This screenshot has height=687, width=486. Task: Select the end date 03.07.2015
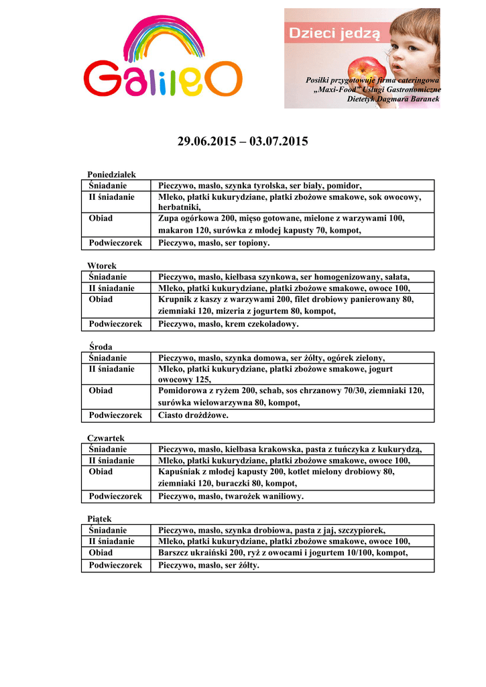click(278, 142)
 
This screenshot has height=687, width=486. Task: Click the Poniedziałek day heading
click(112, 174)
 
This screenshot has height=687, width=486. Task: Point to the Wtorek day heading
click(102, 266)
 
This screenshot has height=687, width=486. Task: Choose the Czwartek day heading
click(106, 438)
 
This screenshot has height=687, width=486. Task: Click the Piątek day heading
click(100, 519)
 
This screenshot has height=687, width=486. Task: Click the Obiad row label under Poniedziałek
click(101, 218)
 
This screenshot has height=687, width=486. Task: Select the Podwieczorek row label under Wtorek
click(115, 324)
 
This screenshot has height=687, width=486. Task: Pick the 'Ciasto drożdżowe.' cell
click(193, 415)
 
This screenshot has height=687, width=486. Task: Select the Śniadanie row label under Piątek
click(108, 530)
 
